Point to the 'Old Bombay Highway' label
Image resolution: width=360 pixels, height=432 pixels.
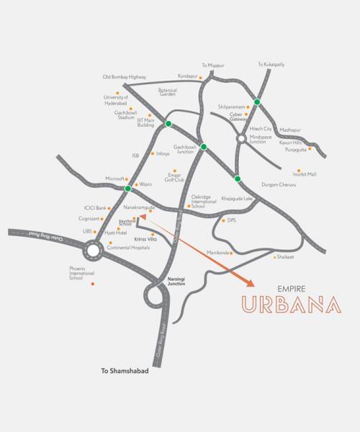[x=125, y=77]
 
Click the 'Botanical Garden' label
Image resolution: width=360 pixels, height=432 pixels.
[x=167, y=92]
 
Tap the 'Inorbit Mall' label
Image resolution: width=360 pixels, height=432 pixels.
[x=305, y=174]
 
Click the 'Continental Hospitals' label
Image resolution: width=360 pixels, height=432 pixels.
[x=128, y=248]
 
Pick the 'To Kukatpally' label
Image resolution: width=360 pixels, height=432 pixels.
[x=271, y=65]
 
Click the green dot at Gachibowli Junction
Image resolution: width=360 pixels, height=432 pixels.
[x=204, y=147]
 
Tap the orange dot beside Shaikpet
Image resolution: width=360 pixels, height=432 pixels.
[x=274, y=256]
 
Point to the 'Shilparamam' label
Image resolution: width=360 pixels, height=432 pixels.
[x=232, y=107]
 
